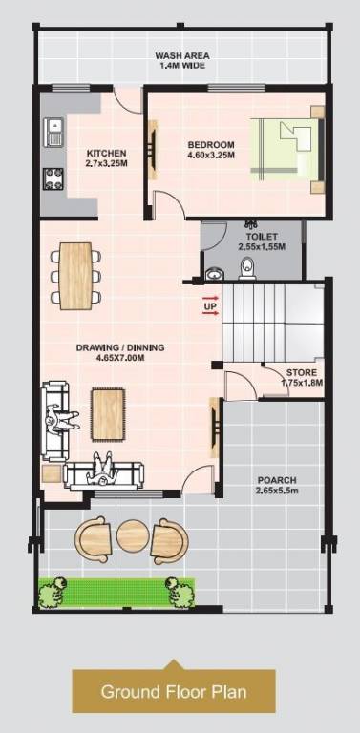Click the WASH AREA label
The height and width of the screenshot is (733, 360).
point(182,61)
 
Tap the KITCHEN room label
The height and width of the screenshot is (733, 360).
point(100,157)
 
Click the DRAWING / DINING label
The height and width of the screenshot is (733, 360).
point(120,352)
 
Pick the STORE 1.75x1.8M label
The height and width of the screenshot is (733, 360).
point(302,377)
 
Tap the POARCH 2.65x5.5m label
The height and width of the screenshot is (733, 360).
point(277,485)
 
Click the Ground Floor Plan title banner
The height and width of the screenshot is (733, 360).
point(174,691)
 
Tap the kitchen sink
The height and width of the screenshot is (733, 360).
point(53,129)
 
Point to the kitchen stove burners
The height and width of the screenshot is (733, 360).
point(53,178)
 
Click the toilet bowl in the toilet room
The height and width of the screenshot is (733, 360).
point(247,266)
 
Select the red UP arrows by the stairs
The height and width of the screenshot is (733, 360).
point(210,304)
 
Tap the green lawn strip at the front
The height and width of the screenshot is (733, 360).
point(116,592)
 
